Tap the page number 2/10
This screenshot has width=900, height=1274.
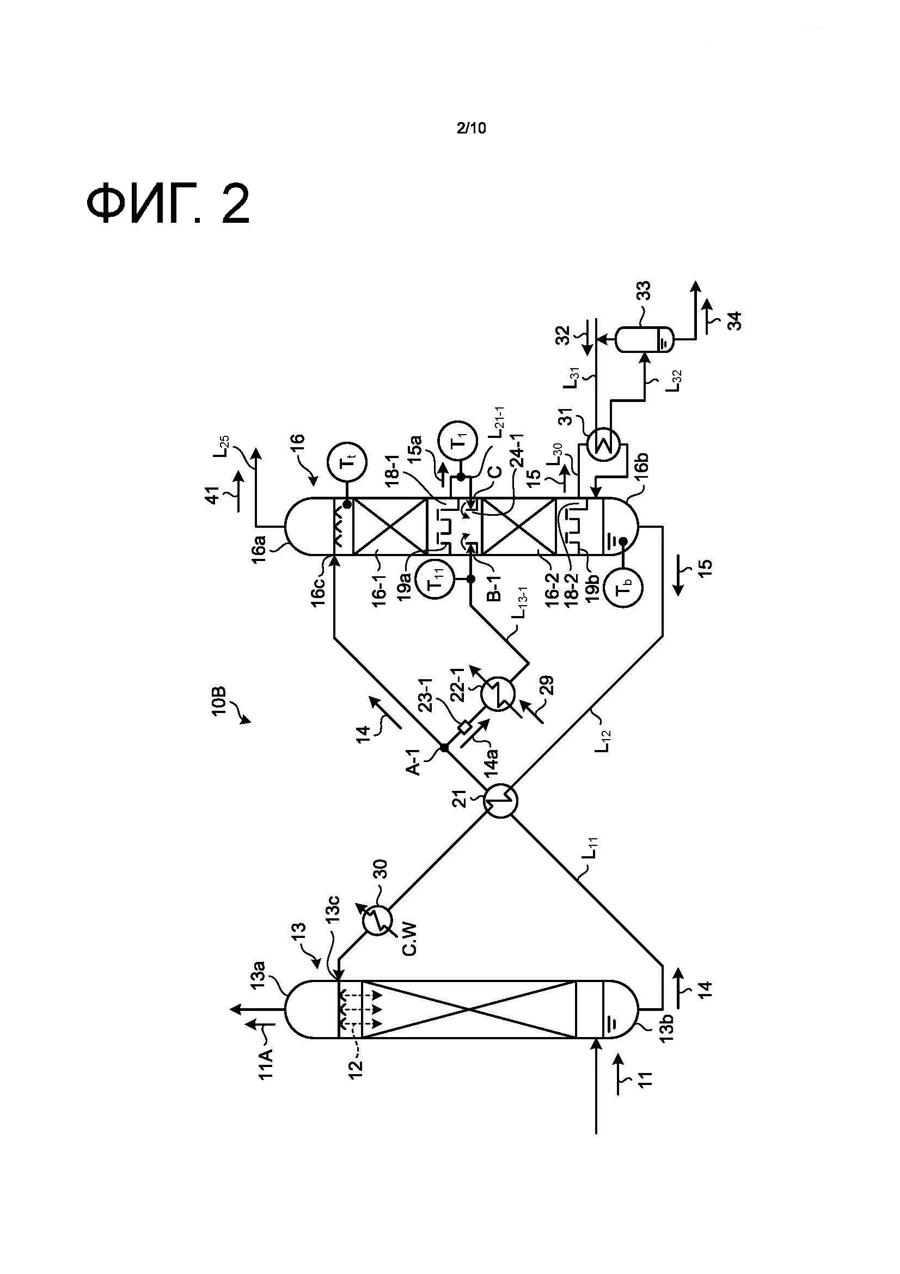(471, 128)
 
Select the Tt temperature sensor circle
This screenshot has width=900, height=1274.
(348, 461)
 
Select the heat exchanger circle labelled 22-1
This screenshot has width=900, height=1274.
(498, 694)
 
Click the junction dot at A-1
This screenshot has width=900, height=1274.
(444, 747)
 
